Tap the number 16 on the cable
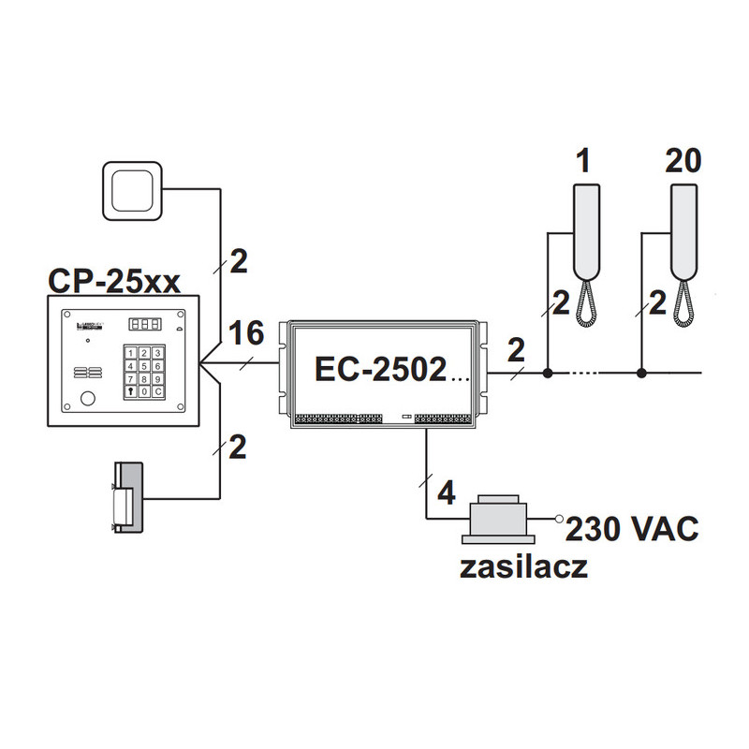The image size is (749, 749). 246,332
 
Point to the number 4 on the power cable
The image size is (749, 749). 446,491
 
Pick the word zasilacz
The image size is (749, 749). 524,568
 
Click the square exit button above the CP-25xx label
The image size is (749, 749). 133,190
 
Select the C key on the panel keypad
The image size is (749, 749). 159,392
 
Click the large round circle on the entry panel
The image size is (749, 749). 87,398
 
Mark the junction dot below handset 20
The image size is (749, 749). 641,374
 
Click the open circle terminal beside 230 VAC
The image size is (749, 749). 559,518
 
